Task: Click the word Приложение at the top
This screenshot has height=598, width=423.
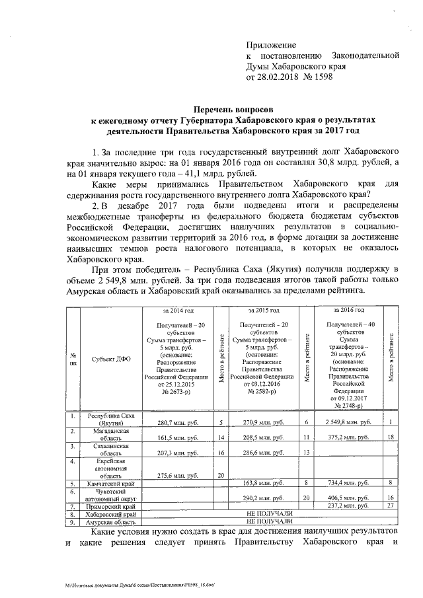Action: [272, 44]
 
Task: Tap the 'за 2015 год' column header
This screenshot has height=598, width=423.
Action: [263, 309]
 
